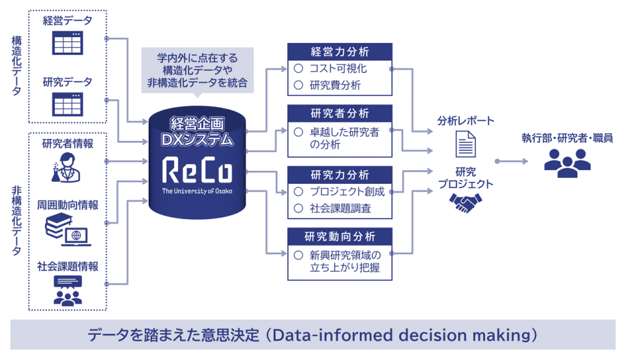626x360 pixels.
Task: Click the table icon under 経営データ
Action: [67, 42]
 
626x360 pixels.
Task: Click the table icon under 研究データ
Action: [67, 104]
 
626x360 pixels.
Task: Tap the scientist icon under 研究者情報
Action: [66, 168]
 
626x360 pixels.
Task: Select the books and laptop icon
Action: [67, 230]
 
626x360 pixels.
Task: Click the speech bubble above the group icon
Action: [68, 282]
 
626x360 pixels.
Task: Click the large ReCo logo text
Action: [197, 170]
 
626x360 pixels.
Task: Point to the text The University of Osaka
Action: [197, 191]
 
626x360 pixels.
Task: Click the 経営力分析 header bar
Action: [340, 52]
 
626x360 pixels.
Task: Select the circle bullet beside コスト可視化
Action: [298, 68]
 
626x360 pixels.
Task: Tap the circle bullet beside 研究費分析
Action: [298, 85]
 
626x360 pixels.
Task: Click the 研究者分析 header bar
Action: [340, 113]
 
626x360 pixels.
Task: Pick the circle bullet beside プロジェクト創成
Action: [298, 192]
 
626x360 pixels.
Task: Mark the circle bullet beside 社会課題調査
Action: [298, 208]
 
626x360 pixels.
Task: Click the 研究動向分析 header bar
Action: [340, 236]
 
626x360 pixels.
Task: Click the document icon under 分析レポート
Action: [466, 144]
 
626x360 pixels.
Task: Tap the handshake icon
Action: [466, 203]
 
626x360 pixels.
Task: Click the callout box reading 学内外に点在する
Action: [197, 71]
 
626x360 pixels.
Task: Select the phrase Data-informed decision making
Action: [400, 335]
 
